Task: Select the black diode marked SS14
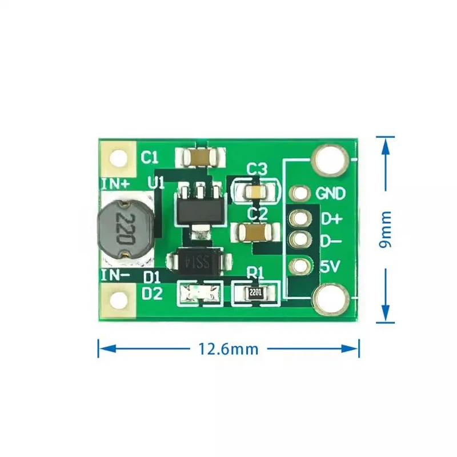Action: coord(199,262)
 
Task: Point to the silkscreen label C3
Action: coord(257,169)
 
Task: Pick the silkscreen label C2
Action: coord(257,214)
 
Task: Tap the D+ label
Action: coord(331,219)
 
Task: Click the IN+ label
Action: coord(115,183)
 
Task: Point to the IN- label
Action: coord(115,276)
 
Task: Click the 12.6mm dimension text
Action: coord(228,348)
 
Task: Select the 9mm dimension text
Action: coord(386,228)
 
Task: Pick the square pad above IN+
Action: coord(119,158)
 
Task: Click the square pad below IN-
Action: coord(119,300)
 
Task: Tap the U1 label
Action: coord(156,183)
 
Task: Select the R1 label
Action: coord(255,274)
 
